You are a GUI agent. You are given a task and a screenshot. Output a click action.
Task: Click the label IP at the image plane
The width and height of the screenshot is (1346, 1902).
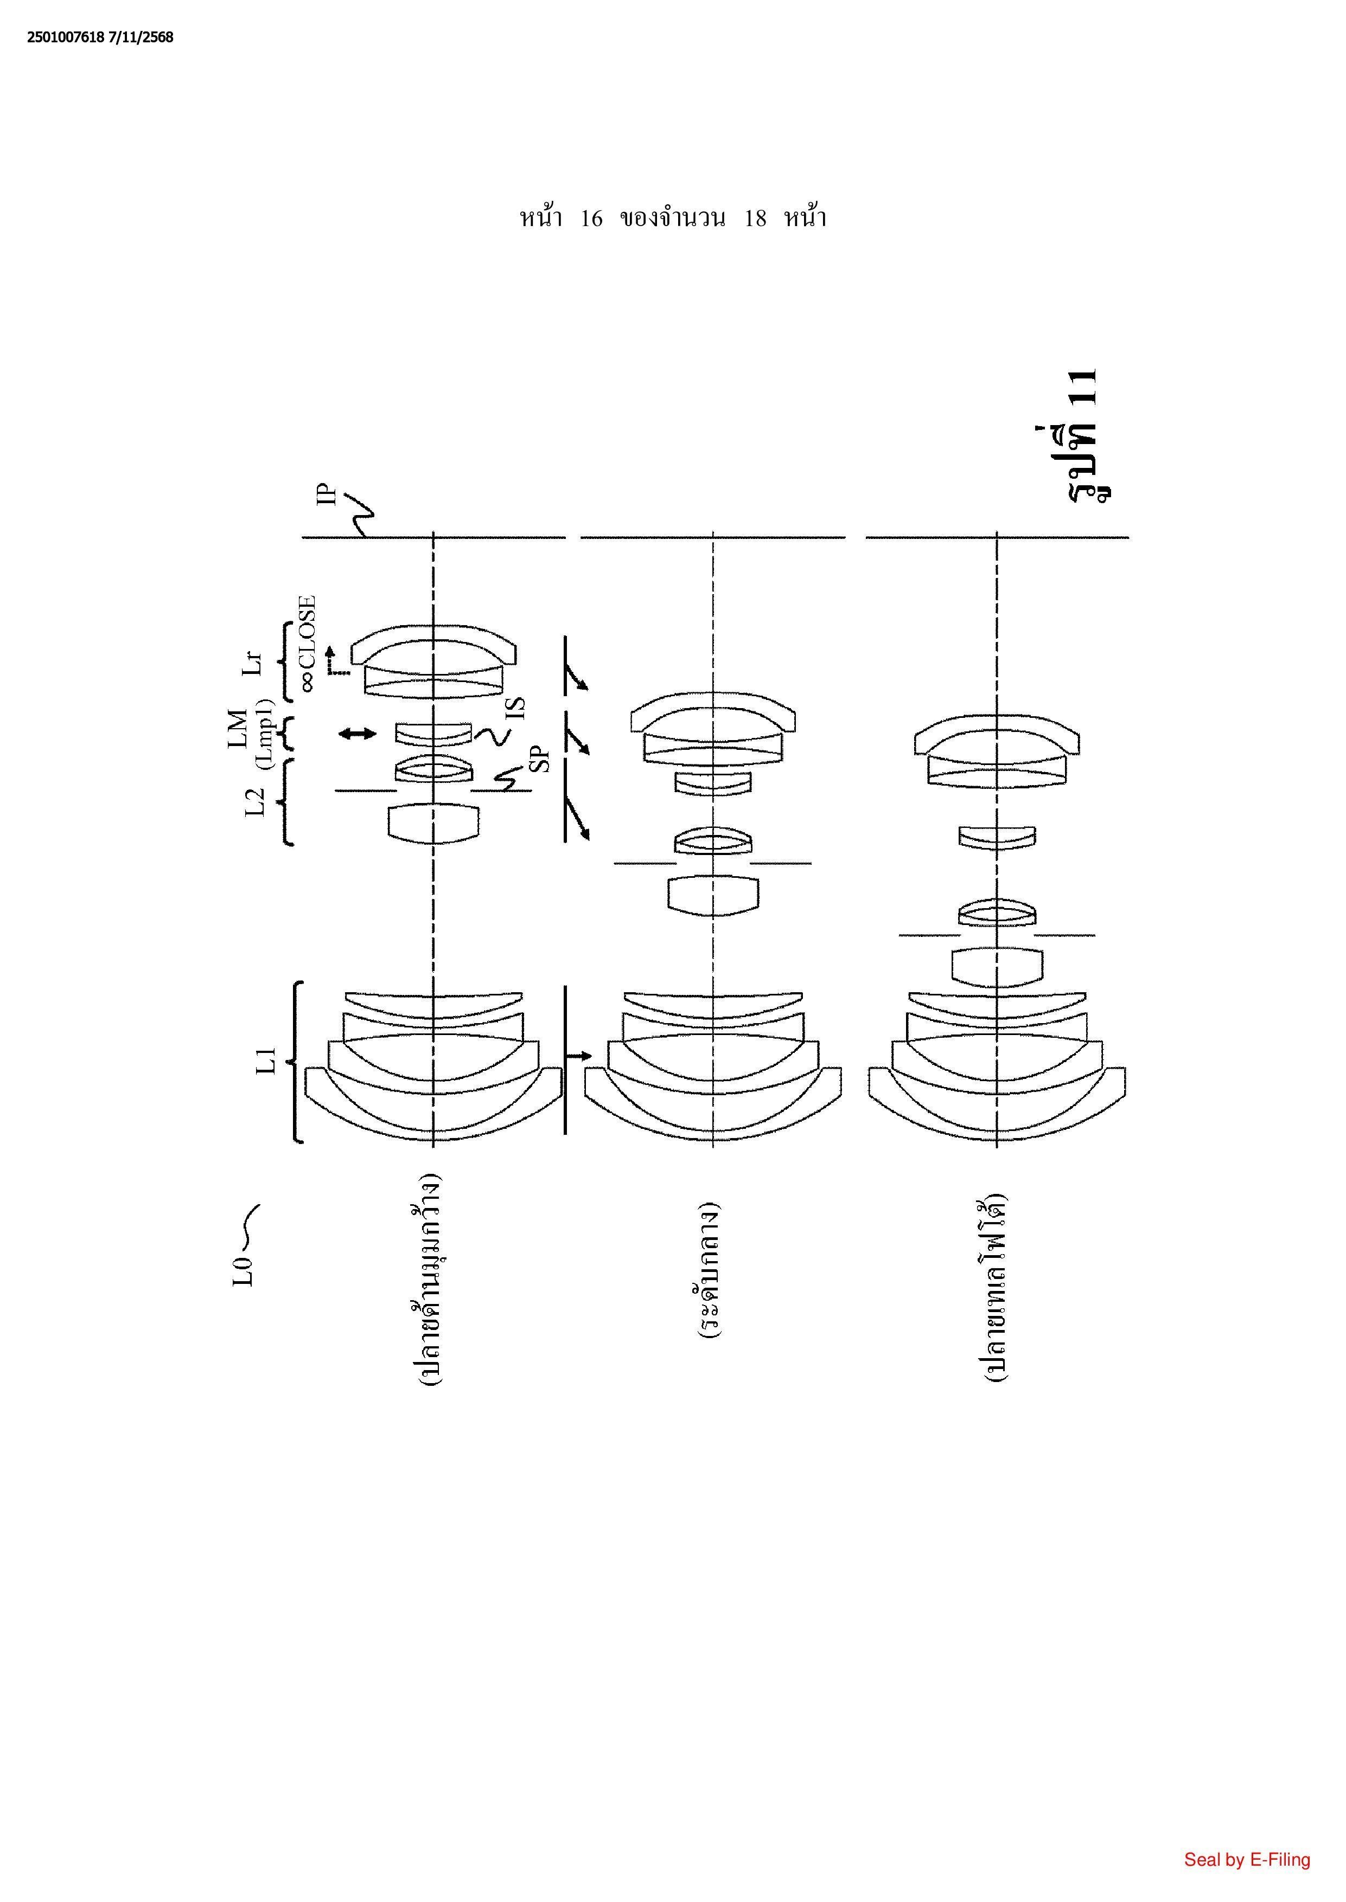tap(330, 494)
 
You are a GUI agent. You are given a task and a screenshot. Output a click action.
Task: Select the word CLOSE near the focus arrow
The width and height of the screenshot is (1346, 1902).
tap(307, 631)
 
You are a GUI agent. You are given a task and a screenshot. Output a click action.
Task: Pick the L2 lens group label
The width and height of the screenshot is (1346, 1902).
tap(256, 801)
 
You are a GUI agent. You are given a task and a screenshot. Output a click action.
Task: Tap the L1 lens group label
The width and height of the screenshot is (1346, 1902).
tap(265, 1061)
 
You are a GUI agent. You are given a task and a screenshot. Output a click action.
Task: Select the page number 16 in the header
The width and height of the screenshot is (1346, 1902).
tap(591, 219)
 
